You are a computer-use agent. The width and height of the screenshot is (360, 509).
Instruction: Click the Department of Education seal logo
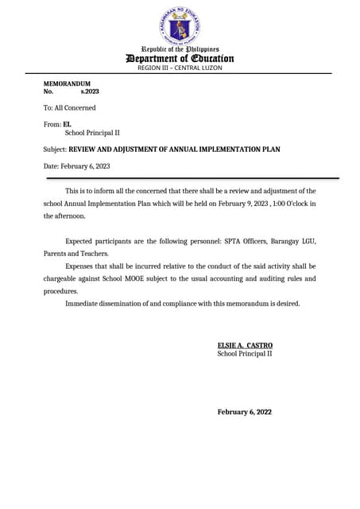tap(180, 26)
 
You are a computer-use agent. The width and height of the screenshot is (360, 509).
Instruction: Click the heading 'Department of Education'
tap(180, 58)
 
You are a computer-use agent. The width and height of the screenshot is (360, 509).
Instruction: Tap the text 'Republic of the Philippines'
tap(180, 49)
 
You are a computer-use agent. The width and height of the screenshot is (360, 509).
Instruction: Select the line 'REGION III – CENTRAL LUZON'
tap(180, 68)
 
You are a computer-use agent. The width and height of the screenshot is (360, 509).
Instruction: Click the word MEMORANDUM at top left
tap(67, 84)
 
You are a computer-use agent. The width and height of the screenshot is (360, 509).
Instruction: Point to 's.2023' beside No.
tap(90, 92)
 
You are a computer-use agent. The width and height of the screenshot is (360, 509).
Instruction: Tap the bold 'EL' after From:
tap(67, 124)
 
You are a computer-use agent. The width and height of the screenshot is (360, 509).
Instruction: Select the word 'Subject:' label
tap(55, 150)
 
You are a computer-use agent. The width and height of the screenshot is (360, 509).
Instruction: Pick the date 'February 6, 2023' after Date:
tap(85, 166)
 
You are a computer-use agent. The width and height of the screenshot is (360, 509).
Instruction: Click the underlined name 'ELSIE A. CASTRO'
tap(245, 345)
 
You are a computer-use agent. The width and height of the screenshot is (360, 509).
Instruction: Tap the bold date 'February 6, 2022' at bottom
tap(245, 412)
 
